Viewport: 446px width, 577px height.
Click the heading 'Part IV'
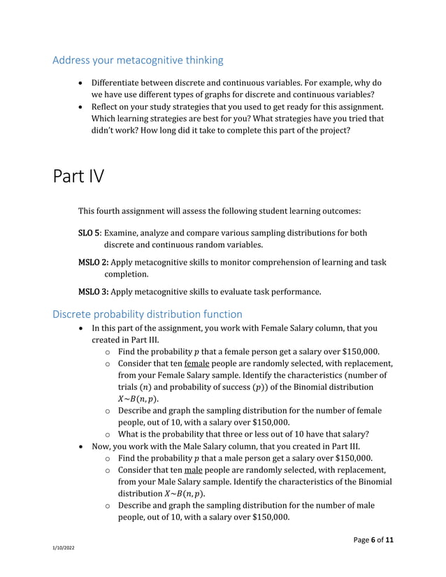(x=78, y=176)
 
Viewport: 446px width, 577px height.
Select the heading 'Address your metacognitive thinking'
(x=138, y=60)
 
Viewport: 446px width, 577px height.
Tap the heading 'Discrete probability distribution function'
(x=148, y=314)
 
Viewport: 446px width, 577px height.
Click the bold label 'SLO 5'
(x=89, y=233)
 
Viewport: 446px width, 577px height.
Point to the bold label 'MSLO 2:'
(x=93, y=262)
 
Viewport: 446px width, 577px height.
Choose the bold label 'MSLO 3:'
(x=93, y=291)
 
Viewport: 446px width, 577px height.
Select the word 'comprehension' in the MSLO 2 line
(x=292, y=262)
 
